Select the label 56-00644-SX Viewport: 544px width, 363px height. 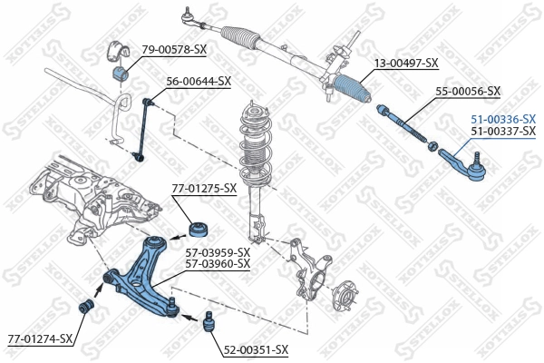(x=199, y=81)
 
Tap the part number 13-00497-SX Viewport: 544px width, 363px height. (x=406, y=63)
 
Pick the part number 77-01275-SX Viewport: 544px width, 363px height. (x=204, y=188)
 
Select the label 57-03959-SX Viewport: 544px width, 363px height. (x=218, y=251)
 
